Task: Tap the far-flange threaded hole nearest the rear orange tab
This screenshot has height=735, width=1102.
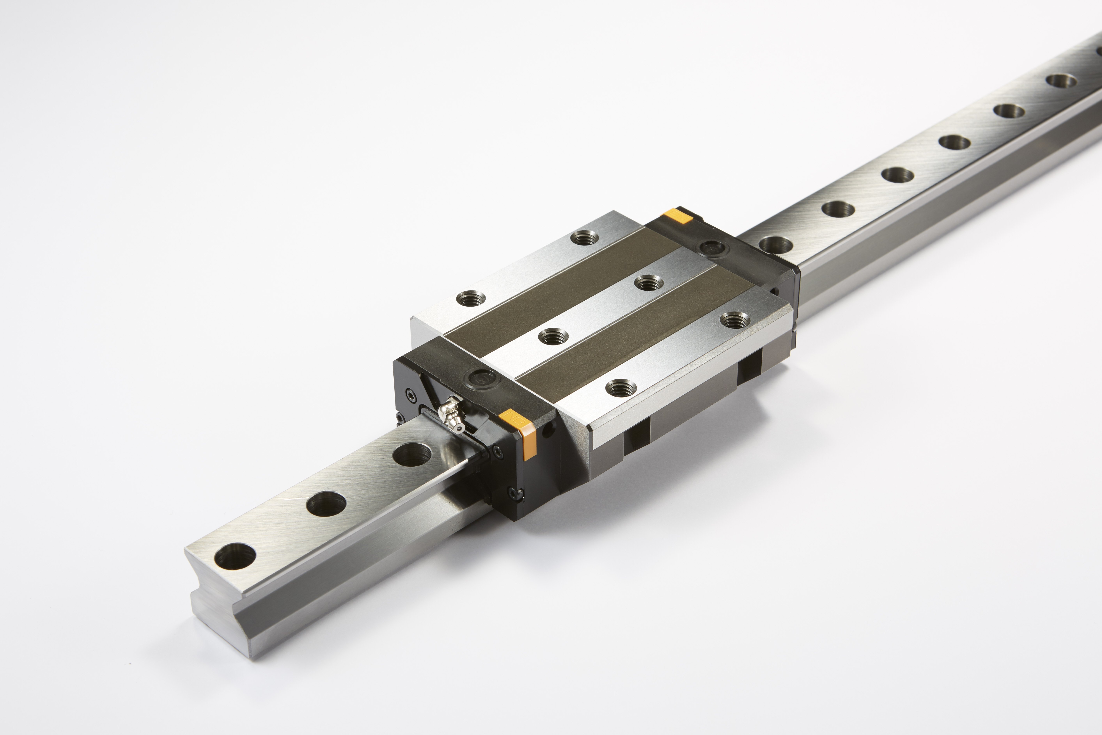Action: pyautogui.click(x=585, y=238)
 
